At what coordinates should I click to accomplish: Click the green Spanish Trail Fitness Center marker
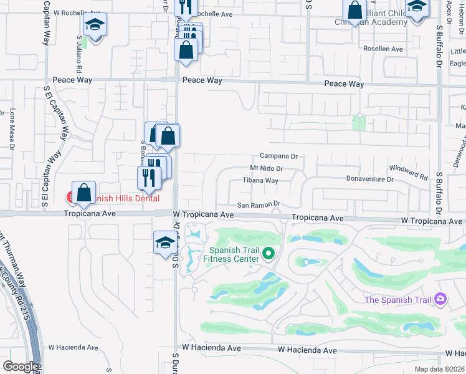269,253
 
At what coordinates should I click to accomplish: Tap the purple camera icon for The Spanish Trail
440,299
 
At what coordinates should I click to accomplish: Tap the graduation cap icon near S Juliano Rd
95,24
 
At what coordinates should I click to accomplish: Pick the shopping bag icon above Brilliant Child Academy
354,10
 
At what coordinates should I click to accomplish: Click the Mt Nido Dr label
267,168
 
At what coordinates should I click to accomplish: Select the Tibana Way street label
260,181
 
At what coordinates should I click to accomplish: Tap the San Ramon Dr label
259,204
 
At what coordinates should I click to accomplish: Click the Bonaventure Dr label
370,179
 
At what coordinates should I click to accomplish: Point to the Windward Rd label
409,173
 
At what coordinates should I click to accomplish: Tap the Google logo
20,367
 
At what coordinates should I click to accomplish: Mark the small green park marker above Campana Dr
359,116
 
